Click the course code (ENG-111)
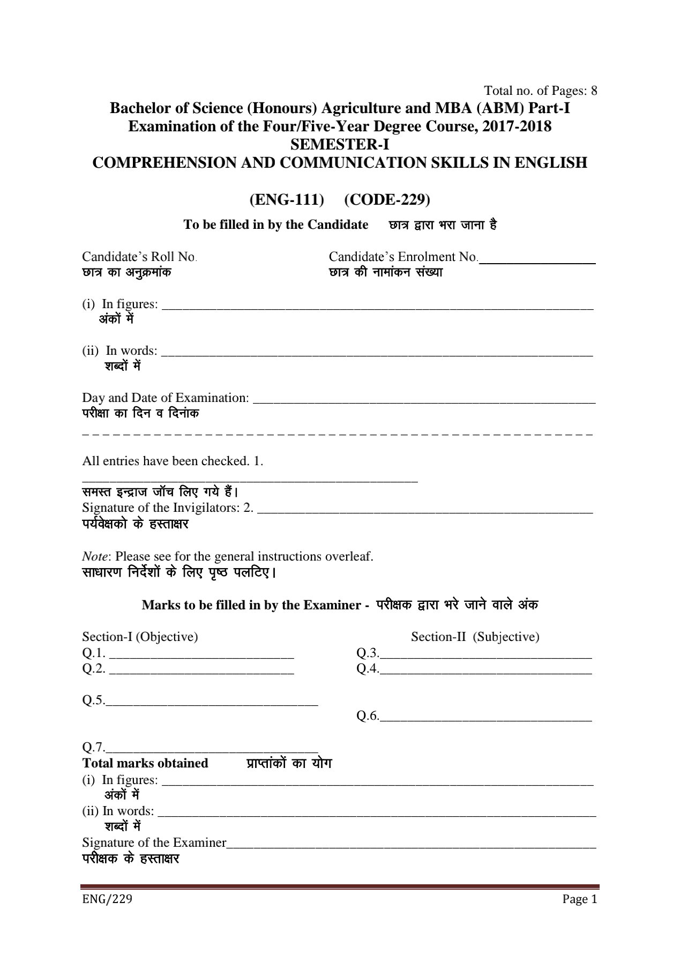287,199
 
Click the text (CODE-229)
387,199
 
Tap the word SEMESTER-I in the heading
340,145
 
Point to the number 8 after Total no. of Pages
594,90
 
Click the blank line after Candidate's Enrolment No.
537,262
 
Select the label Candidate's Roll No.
139,257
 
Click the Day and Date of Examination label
165,398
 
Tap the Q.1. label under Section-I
94,653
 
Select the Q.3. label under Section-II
368,653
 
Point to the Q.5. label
93,700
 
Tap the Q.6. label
368,716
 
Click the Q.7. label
93,747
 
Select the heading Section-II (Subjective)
475,637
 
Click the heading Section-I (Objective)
140,637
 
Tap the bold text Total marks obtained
145,763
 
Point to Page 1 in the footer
579,899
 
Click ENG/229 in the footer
107,899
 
